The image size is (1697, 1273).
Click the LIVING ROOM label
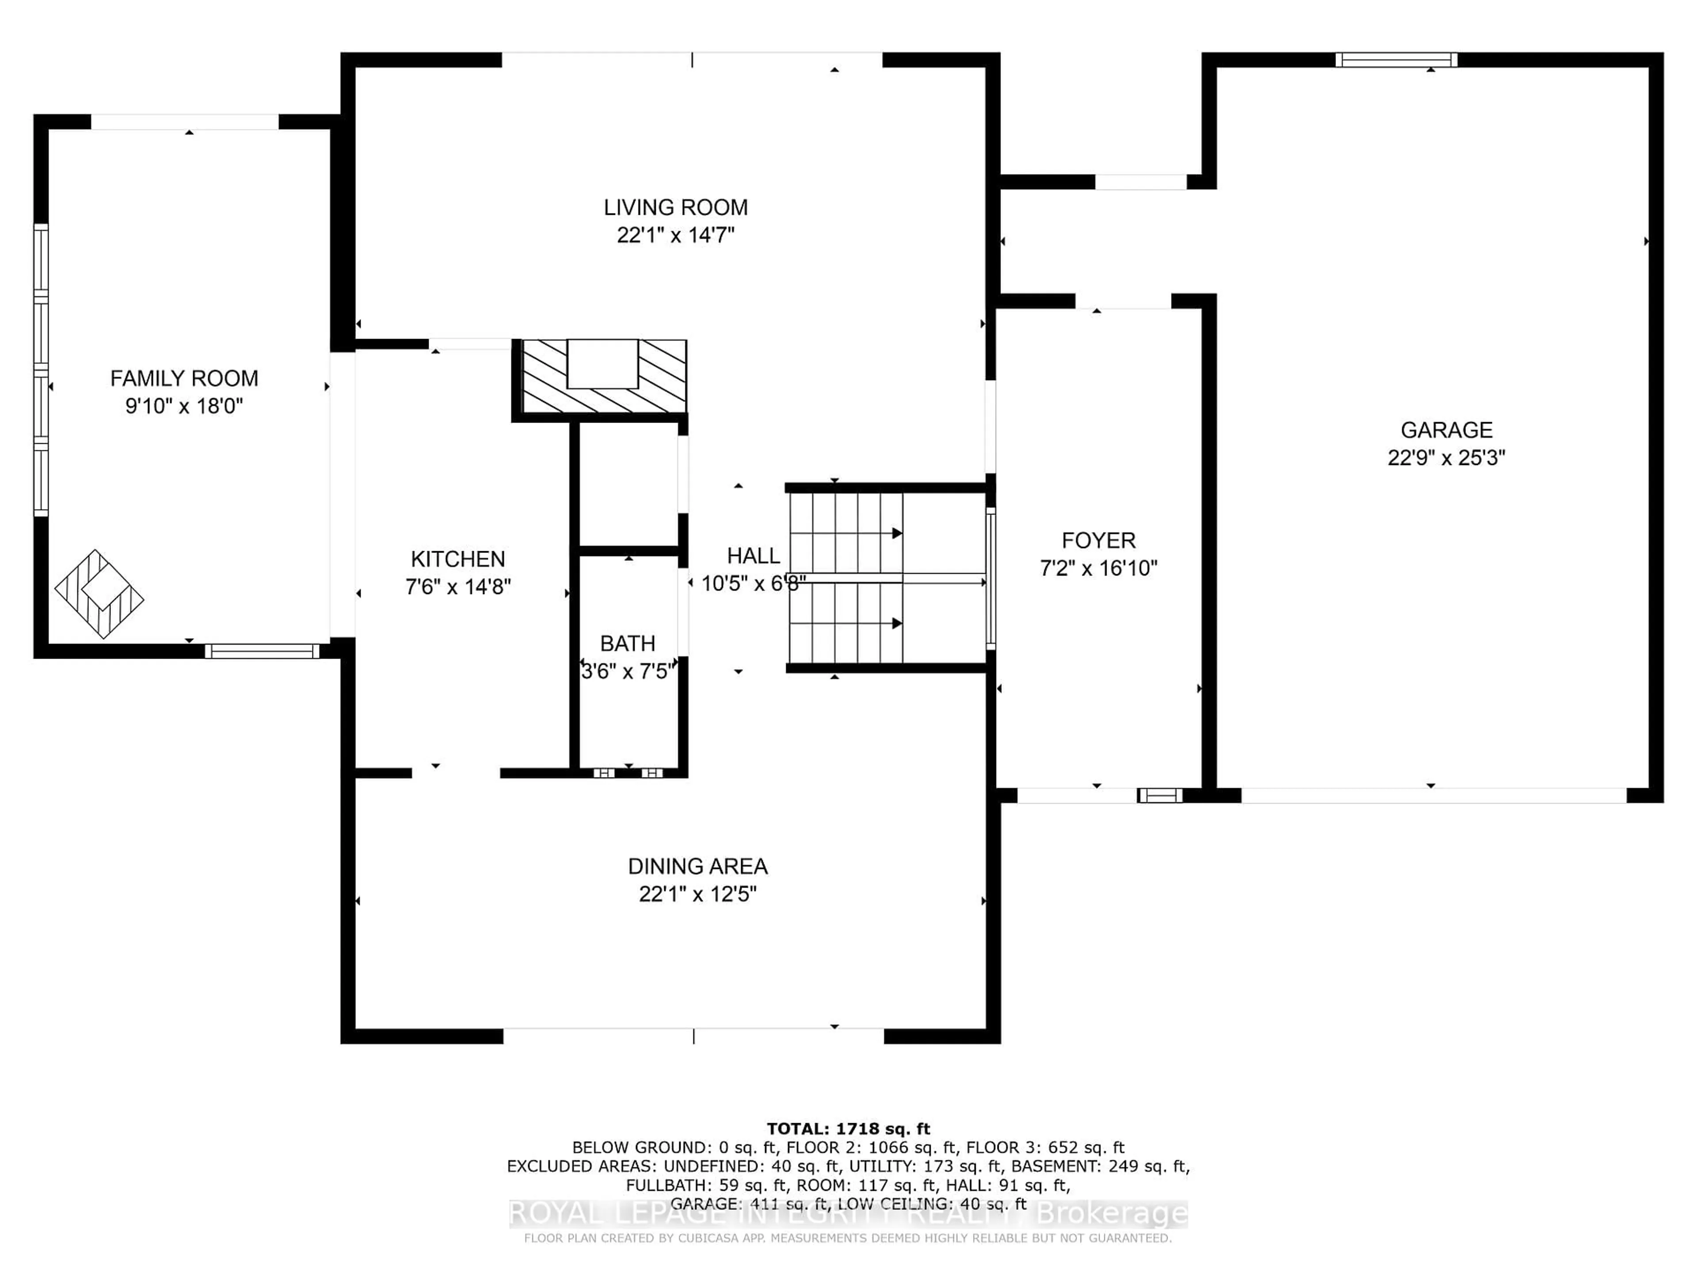coord(675,207)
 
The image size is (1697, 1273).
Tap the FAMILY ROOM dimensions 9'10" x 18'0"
coord(184,406)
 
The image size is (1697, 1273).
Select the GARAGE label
coord(1446,430)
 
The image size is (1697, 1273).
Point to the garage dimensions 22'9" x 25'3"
coord(1446,458)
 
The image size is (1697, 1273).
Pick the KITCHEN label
coord(458,559)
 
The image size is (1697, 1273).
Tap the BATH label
coord(628,643)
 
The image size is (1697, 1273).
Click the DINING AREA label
coord(697,866)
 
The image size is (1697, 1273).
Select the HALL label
coord(753,556)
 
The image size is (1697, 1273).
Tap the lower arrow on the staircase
coord(896,624)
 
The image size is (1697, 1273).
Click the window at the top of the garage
coord(1396,60)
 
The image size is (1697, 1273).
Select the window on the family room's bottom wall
coord(262,652)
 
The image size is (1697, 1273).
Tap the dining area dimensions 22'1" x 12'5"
coord(697,894)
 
